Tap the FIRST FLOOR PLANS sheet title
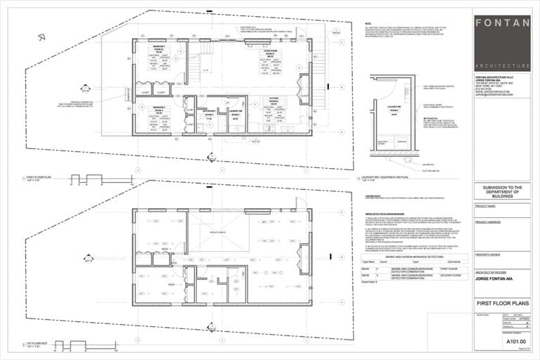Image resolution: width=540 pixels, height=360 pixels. (x=501, y=304)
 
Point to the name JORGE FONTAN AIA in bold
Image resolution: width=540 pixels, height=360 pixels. (x=496, y=278)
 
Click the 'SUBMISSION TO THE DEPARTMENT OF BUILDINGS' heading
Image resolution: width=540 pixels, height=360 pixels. (x=501, y=191)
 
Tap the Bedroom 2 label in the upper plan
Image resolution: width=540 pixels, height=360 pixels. (x=159, y=108)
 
